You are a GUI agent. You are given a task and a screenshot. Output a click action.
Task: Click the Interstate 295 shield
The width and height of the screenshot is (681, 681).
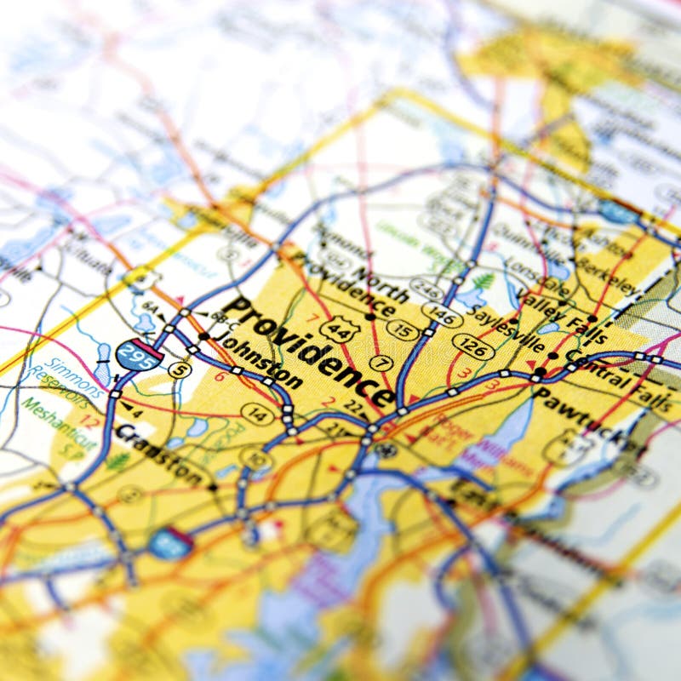tap(139, 354)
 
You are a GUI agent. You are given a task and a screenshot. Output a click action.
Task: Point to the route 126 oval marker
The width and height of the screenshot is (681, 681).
tap(472, 346)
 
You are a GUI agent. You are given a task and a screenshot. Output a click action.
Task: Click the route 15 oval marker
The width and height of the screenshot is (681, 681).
tap(403, 329)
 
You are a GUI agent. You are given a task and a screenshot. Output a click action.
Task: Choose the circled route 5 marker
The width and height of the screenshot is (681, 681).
tap(179, 369)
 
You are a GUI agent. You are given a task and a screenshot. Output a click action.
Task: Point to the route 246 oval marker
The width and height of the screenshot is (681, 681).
tap(426, 289)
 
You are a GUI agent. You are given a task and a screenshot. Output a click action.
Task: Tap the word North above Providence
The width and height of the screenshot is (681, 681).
tap(380, 281)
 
